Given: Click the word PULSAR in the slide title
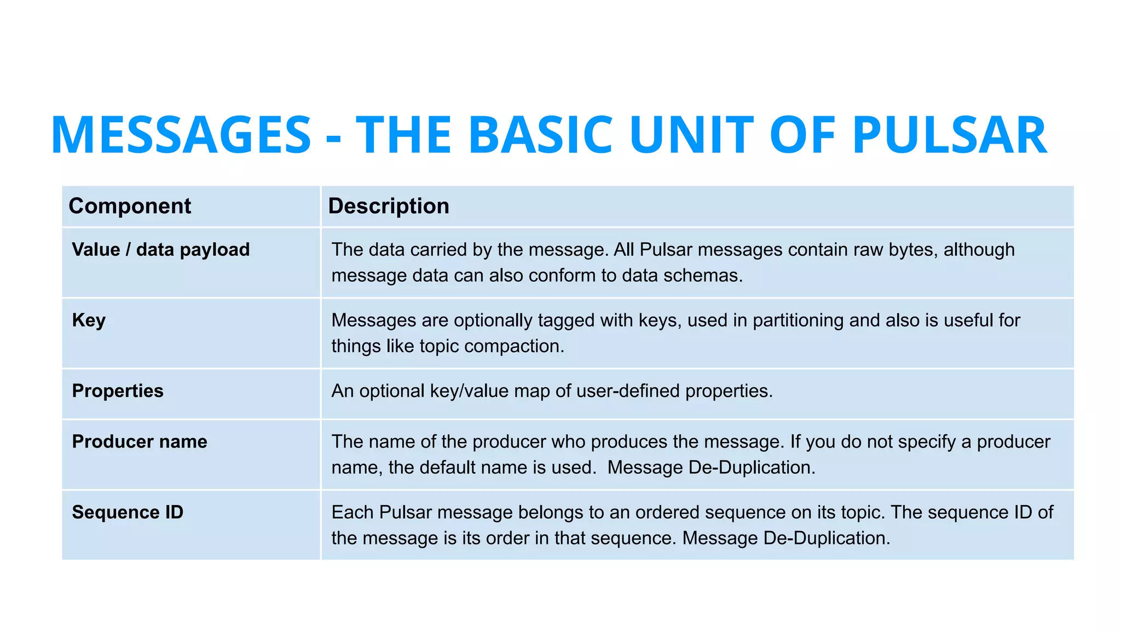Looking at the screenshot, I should click(950, 135).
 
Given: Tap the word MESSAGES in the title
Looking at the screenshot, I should click(181, 135).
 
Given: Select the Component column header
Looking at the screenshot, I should click(130, 206).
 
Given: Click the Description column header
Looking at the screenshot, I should click(389, 206).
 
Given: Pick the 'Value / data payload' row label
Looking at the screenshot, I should click(161, 250).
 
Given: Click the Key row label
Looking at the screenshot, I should click(89, 320).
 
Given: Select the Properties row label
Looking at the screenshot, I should click(118, 391).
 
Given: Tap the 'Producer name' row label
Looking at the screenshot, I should click(140, 442).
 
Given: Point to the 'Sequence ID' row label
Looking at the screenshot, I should click(128, 513).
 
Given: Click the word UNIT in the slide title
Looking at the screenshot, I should click(692, 135).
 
